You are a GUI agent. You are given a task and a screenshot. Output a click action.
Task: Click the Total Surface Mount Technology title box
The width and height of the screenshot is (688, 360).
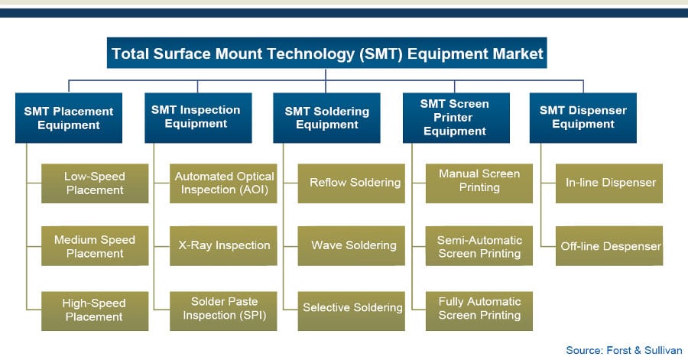(x=327, y=53)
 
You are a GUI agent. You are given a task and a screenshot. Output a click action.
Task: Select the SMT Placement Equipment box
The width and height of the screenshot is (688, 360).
(x=69, y=118)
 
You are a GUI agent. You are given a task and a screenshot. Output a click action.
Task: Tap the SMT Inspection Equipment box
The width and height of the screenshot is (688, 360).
(x=198, y=118)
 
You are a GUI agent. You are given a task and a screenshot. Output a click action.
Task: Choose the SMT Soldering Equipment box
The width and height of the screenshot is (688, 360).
(x=327, y=118)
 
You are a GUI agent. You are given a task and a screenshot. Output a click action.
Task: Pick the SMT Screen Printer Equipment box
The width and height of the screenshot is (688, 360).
(x=456, y=118)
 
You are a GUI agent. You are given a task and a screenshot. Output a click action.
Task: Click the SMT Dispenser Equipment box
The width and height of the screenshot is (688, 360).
(x=583, y=118)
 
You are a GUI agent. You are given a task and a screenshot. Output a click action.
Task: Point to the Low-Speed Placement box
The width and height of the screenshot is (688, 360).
(x=95, y=183)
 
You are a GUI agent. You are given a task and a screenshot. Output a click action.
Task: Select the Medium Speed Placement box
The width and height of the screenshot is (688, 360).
(x=95, y=246)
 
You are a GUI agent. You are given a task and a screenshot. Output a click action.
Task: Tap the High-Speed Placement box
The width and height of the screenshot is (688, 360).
(x=95, y=311)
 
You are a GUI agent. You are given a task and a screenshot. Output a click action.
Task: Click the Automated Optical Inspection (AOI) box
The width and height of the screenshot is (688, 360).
(x=223, y=183)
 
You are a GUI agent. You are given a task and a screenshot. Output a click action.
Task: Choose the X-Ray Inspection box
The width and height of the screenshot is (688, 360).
(x=223, y=246)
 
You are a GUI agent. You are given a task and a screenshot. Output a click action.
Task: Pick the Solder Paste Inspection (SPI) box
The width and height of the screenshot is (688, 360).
(x=223, y=311)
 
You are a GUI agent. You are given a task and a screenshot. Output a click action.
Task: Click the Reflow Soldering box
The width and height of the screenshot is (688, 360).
(x=352, y=183)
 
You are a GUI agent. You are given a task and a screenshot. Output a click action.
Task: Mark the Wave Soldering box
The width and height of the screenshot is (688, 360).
(x=352, y=246)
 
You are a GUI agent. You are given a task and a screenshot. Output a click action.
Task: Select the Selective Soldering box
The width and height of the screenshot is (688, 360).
(x=352, y=311)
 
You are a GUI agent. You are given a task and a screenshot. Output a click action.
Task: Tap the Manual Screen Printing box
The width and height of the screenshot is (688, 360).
(x=479, y=183)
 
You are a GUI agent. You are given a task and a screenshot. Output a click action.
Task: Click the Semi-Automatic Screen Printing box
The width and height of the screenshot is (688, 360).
(x=479, y=246)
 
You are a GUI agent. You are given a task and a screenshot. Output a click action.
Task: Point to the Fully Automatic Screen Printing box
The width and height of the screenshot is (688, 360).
(x=479, y=311)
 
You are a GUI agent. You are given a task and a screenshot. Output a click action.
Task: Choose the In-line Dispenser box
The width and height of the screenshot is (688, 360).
(x=609, y=183)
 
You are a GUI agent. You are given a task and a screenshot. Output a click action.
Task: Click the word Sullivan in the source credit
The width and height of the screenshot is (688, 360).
(x=664, y=350)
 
